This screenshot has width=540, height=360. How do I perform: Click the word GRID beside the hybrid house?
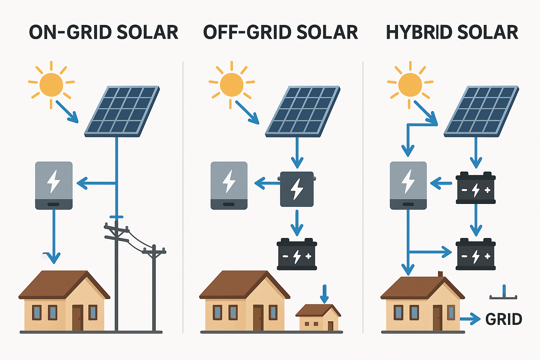click(503, 319)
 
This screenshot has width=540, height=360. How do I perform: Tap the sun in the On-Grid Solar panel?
click(51, 85)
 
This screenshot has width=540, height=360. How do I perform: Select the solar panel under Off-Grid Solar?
click(303, 111)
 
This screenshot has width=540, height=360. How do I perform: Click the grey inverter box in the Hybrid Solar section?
click(408, 185)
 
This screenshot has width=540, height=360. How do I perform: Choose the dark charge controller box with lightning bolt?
click(297, 189)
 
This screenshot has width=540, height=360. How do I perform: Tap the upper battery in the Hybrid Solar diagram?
click(476, 188)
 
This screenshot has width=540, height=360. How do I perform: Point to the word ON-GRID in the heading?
click(70, 32)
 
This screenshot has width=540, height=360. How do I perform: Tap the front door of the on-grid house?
click(78, 318)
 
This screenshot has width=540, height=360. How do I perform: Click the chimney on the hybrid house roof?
click(440, 275)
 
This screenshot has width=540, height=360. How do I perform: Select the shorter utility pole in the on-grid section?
click(154, 288)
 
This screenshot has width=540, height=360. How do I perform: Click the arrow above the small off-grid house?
click(324, 294)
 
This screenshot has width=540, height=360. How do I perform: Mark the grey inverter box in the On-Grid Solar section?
click(54, 185)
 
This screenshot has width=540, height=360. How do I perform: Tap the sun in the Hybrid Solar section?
click(410, 85)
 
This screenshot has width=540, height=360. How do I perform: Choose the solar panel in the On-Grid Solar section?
click(122, 111)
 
